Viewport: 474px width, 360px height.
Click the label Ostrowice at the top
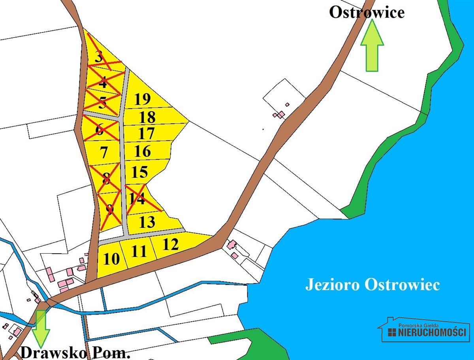pyautogui.click(x=367, y=12)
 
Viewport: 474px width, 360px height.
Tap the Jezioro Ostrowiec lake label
pyautogui.click(x=372, y=285)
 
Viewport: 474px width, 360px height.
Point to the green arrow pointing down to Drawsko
pyautogui.click(x=40, y=328)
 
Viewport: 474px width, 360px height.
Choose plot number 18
pyautogui.click(x=147, y=117)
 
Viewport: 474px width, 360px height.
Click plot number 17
pyautogui.click(x=147, y=134)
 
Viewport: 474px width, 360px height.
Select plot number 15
pyautogui.click(x=140, y=172)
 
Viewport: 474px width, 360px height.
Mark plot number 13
pyautogui.click(x=147, y=222)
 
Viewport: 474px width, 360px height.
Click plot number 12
pyautogui.click(x=171, y=244)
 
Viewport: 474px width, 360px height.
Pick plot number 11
pyautogui.click(x=139, y=251)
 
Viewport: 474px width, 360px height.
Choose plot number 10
pyautogui.click(x=111, y=259)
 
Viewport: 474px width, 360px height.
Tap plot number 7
pyautogui.click(x=104, y=152)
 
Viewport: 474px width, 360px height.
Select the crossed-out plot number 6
pyautogui.click(x=100, y=129)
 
